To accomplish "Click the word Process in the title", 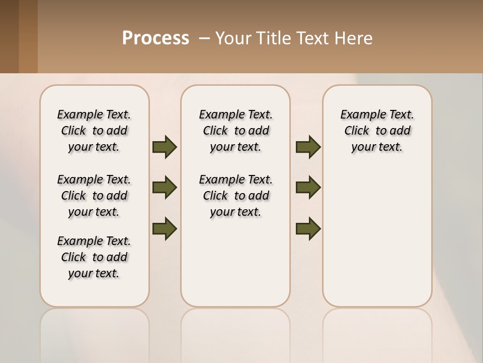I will coord(155,38).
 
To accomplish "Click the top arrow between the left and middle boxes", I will coord(165,147).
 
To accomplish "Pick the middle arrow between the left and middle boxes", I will coord(165,188).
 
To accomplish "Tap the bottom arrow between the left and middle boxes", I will coord(165,228).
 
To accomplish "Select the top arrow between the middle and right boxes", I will coord(308,147).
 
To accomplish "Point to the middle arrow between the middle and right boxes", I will coord(308,188).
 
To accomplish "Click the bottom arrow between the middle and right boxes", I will coord(308,228).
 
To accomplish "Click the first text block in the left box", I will coord(94,131).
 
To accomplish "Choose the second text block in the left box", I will coord(94,196).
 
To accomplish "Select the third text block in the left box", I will coord(94,257).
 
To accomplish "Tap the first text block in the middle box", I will coord(235,131).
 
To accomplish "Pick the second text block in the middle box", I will coord(235,196).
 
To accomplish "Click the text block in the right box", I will coord(377,131).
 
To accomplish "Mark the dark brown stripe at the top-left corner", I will coord(9,36).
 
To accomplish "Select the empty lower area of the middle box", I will coord(235,262).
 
